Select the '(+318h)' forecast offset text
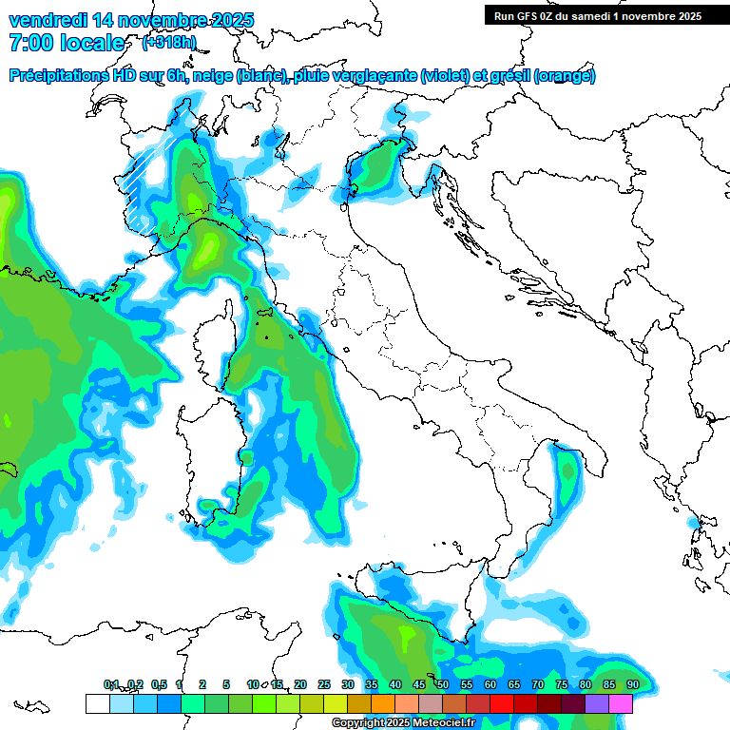pos(168,43)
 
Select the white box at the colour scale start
pos(96,703)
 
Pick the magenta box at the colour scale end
pos(621,703)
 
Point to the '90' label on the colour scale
pos(632,684)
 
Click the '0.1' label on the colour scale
pos(110,684)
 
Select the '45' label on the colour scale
pos(419,684)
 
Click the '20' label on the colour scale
pos(300,684)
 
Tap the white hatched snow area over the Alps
pos(149,181)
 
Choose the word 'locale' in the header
pos(91,43)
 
